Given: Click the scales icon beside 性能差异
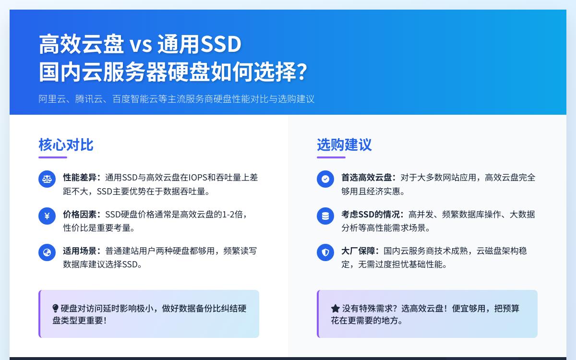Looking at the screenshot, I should point(47,179).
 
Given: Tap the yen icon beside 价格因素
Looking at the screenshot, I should point(47,216).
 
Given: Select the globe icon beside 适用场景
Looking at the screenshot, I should point(47,252).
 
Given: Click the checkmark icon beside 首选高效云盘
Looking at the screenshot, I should point(325,179).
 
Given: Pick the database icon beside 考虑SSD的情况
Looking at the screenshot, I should point(325,216).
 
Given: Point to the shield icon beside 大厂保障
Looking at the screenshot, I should point(325,252).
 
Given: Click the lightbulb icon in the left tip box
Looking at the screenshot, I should point(55,308).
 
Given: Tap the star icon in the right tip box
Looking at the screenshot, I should point(335,308).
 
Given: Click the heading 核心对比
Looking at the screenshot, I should point(66,144).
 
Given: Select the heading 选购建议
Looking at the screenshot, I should point(344,144).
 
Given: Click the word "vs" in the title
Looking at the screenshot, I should point(140,45).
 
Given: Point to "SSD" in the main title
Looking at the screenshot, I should point(220,45).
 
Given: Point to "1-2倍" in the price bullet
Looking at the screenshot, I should point(232,214).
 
